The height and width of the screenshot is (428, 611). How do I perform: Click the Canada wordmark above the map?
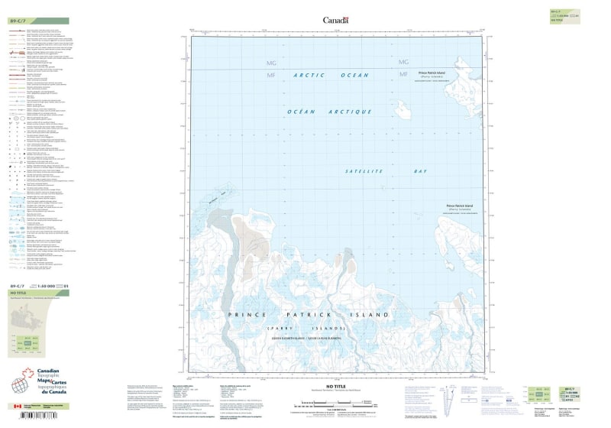[x=335, y=21]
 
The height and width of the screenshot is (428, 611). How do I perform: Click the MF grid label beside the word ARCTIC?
[x=270, y=75]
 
